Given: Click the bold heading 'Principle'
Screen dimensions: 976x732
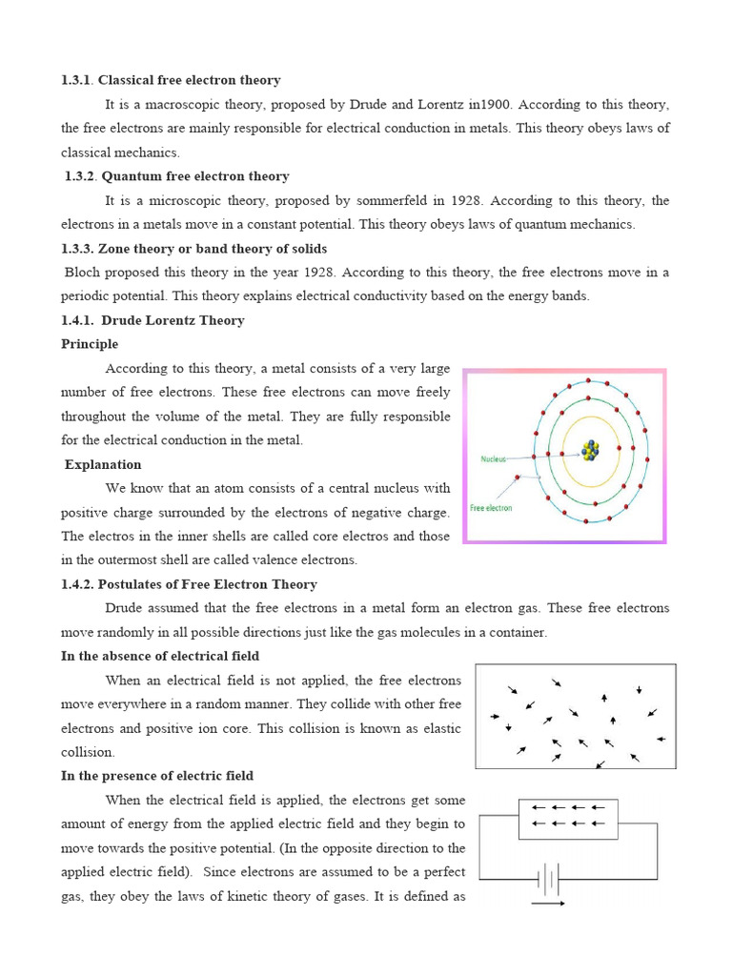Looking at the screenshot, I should coord(90,344).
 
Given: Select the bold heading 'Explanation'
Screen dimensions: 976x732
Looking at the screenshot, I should coord(103,464).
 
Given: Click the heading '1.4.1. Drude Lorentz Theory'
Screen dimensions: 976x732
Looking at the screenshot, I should coord(152,320).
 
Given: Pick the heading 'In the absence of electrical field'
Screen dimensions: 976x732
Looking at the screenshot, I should coord(160,656).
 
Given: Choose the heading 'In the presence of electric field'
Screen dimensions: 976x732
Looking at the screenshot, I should coord(157,776).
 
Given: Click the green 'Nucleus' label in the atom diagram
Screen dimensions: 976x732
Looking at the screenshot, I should coord(495,458).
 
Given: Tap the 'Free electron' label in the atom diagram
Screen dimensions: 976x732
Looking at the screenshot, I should coord(492,508).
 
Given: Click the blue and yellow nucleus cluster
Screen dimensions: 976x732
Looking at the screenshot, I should coord(592,448).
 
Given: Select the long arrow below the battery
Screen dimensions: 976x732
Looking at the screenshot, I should coord(548,903).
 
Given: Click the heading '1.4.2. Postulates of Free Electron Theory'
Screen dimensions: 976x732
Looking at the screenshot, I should coord(189,584).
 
